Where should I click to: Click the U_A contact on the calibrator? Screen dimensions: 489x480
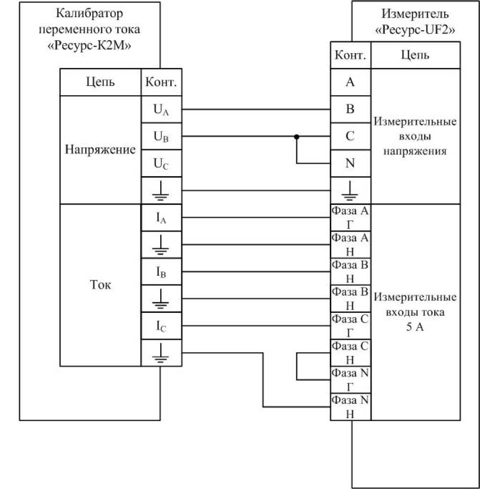tap(162, 110)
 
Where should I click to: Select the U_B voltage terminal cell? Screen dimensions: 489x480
tap(162, 137)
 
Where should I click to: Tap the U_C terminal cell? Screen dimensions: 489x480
tap(162, 164)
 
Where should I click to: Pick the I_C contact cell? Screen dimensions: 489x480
tap(162, 327)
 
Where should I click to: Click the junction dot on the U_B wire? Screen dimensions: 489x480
tap(297, 137)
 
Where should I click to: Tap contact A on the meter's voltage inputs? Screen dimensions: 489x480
tap(350, 82)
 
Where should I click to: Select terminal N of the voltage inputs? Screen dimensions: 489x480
tap(350, 164)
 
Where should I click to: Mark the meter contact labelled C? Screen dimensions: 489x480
tap(350, 136)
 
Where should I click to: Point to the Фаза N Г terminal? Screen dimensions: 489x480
tap(350, 380)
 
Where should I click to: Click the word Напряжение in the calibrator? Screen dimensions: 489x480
tap(100, 150)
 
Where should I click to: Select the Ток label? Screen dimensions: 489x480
tap(100, 286)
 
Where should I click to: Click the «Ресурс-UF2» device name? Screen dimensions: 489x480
tap(415, 30)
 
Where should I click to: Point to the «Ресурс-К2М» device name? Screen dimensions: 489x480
tap(90, 46)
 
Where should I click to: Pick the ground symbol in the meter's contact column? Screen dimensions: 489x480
tap(350, 190)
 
